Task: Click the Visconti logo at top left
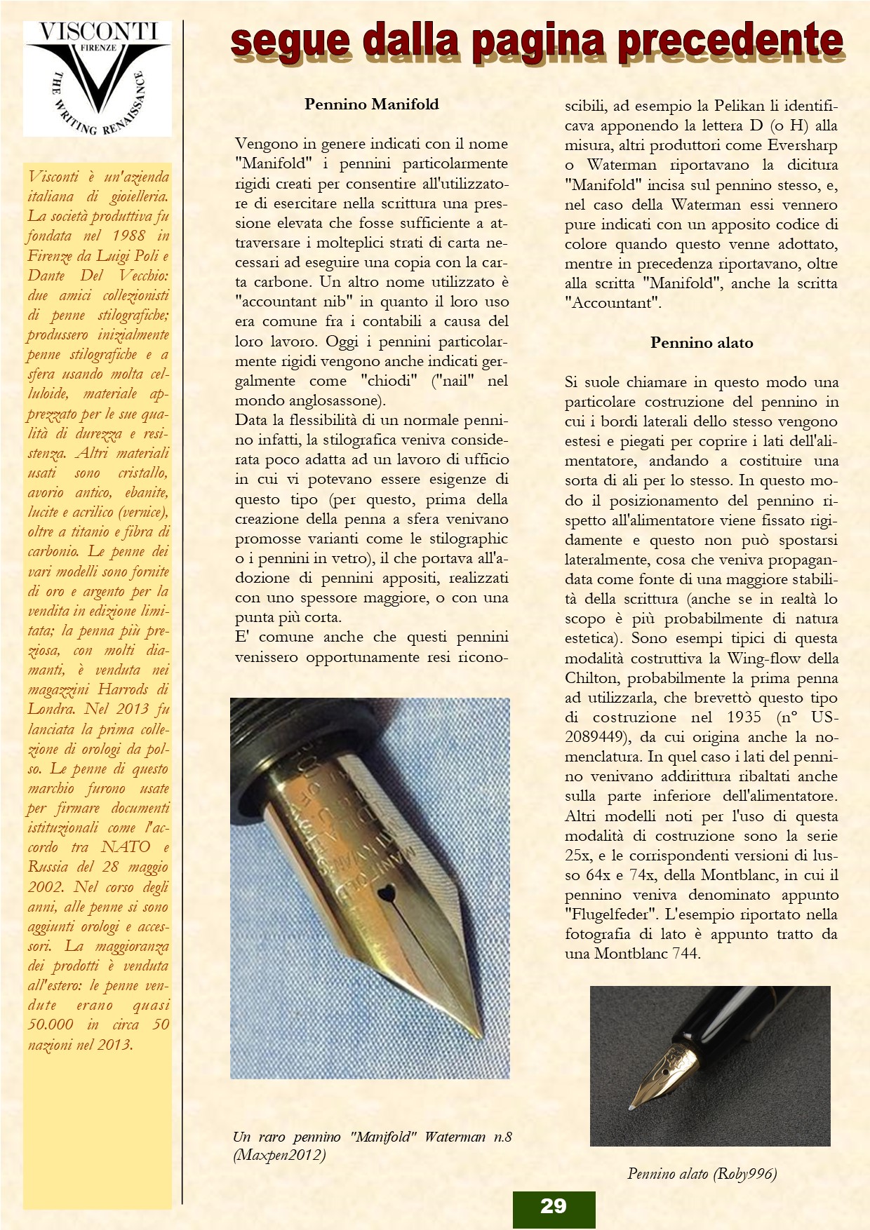click(x=98, y=78)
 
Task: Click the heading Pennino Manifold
click(x=371, y=104)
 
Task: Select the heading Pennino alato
click(x=701, y=343)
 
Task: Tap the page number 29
click(x=554, y=1205)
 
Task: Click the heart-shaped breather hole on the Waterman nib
click(x=385, y=893)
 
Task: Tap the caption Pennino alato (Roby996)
click(x=702, y=1174)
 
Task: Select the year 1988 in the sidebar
click(x=128, y=236)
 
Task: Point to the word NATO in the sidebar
click(x=126, y=847)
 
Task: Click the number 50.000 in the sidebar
click(x=51, y=1025)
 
